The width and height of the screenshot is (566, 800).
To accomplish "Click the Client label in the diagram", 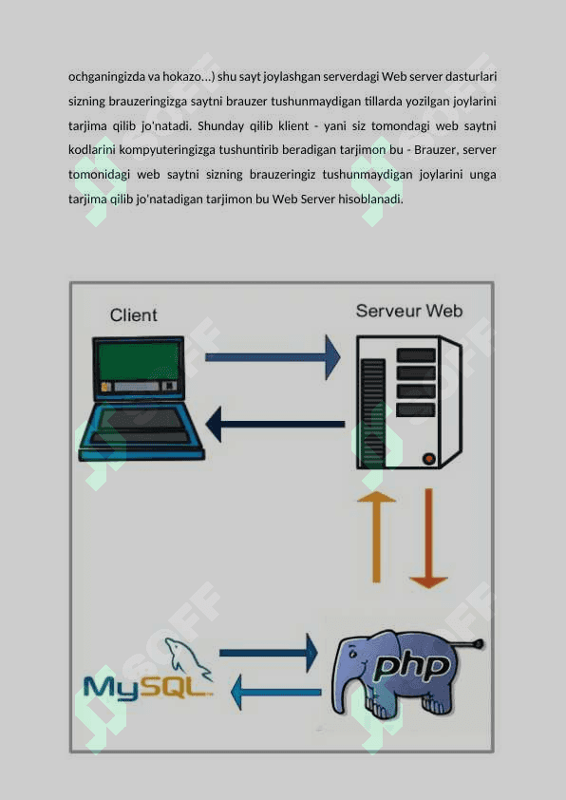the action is [x=134, y=315].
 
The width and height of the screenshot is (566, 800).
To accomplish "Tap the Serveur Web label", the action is [x=409, y=311].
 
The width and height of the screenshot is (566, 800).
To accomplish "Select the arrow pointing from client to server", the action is [x=273, y=357].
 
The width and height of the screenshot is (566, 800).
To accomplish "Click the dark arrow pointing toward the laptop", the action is [x=275, y=424].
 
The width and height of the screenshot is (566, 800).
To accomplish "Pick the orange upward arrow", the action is [x=376, y=537].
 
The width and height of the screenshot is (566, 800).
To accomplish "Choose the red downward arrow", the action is [x=428, y=539].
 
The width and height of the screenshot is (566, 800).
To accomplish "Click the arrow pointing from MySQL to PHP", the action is [x=268, y=653].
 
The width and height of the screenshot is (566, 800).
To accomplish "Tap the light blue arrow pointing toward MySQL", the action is [x=275, y=693].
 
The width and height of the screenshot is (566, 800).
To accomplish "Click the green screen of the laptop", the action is [x=139, y=361].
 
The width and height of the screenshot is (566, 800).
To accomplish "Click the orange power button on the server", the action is [x=429, y=459].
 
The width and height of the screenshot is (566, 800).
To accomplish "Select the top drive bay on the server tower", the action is [x=416, y=355].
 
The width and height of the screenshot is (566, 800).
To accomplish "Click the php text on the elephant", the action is [x=412, y=666].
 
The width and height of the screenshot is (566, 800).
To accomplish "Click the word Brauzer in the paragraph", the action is [x=434, y=150].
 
